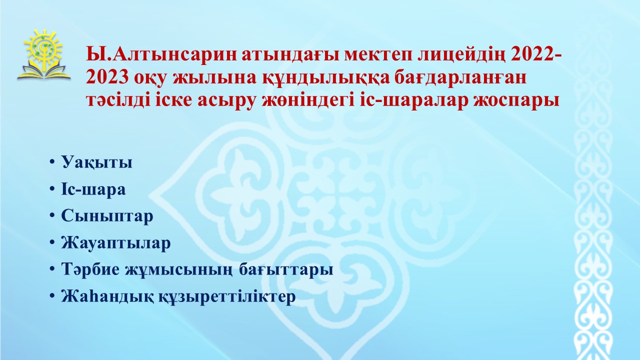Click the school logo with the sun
tap(43, 54)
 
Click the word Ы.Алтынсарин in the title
tap(162, 54)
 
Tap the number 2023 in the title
tap(107, 77)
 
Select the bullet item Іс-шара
tap(93, 189)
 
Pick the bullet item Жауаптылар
tap(115, 243)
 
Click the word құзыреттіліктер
tap(227, 297)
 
